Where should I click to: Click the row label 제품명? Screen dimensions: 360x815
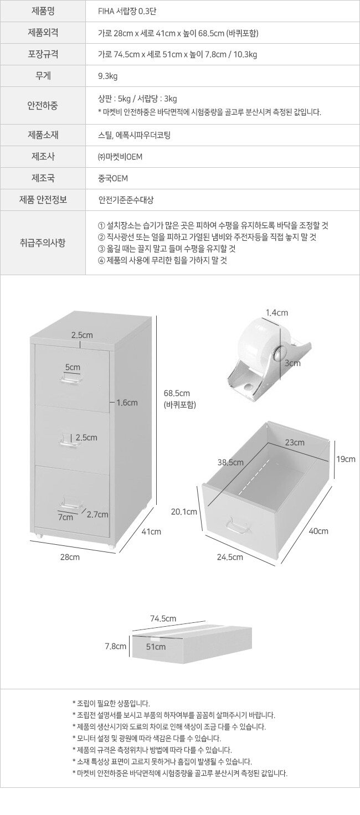(x=43, y=11)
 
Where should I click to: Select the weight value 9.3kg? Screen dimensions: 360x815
(x=108, y=76)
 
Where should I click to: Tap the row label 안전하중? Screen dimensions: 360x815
(x=43, y=106)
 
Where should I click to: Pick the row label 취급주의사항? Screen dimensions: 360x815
(x=43, y=243)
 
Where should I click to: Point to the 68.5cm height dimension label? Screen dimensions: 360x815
(x=177, y=393)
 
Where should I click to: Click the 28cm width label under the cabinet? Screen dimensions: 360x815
(x=70, y=557)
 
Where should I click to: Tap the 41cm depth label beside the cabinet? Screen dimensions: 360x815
(x=151, y=532)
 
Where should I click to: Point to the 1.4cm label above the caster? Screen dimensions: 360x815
(x=276, y=312)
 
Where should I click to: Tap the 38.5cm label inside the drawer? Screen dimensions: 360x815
(x=230, y=462)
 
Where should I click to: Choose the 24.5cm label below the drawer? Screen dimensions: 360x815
(x=230, y=557)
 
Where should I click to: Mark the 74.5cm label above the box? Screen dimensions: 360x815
(x=163, y=618)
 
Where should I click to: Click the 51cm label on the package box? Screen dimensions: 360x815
(x=156, y=647)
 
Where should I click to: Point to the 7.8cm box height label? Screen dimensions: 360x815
(x=116, y=646)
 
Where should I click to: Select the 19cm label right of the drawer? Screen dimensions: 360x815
(x=346, y=459)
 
